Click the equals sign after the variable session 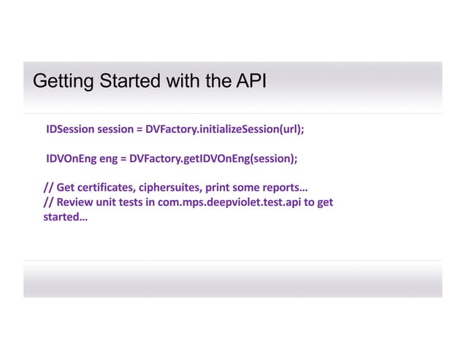138,130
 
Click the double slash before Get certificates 47,188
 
